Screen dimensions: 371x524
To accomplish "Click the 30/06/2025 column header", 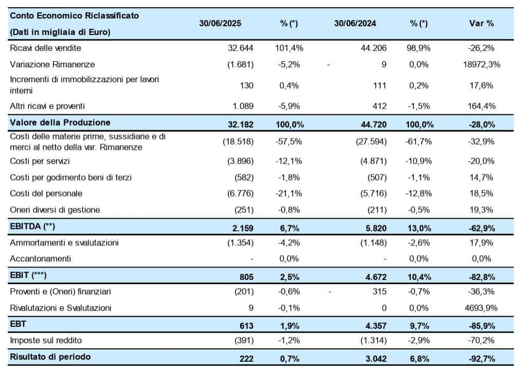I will (220, 23).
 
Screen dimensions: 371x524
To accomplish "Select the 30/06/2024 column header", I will (355, 23).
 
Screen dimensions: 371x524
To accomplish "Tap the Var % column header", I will (481, 23).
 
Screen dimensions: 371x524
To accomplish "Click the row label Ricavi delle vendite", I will (46, 48).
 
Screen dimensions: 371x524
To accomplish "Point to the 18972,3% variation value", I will (481, 64).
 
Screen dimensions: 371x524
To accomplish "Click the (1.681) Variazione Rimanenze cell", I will (240, 64).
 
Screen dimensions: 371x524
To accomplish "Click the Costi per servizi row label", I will (40, 161).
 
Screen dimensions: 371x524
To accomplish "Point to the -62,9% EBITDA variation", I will (481, 227).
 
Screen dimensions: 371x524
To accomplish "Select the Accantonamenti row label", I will (41, 258).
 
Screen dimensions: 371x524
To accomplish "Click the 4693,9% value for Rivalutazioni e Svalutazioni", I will (481, 308).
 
